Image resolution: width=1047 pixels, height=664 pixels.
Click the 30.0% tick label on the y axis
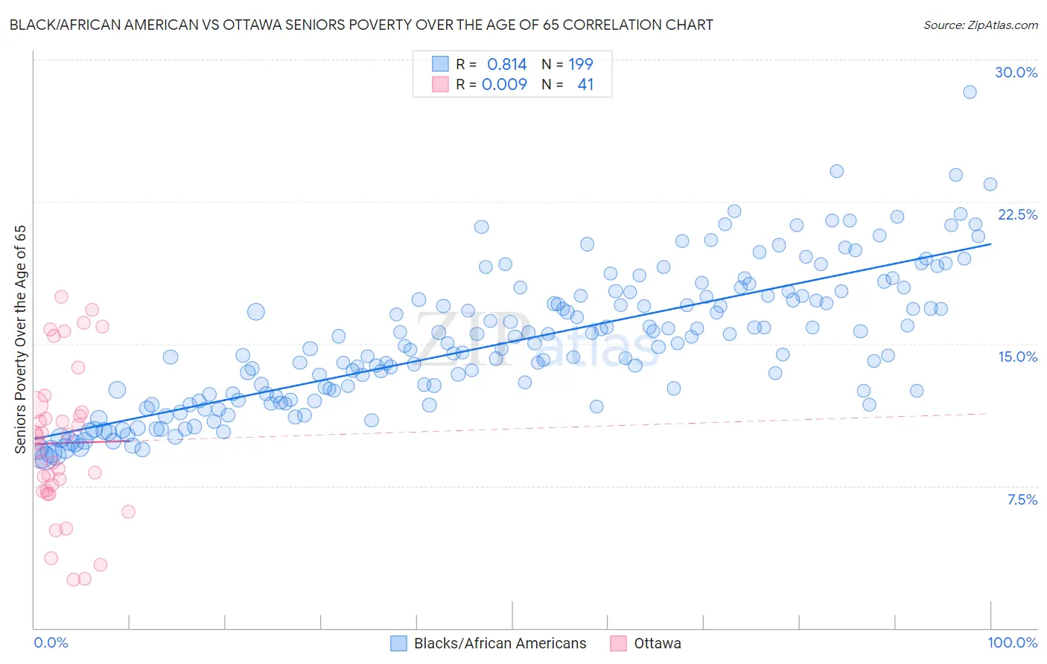coord(1016,72)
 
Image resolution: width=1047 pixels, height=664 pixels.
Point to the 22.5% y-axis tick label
coord(1017,214)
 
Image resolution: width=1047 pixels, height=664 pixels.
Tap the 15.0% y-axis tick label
coord(1017,357)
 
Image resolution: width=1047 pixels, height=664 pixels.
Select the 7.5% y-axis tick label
coord(1022,499)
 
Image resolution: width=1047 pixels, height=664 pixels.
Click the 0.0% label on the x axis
coord(51,642)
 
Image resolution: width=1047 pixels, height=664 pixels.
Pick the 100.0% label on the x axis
coord(1012,642)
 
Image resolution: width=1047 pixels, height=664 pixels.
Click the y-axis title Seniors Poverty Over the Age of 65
coord(20,339)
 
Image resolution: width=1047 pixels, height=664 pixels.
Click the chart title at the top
coord(361,25)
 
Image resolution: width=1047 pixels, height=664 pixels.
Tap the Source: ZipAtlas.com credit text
coord(980,25)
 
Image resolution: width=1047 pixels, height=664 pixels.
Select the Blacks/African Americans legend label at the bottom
coord(500,643)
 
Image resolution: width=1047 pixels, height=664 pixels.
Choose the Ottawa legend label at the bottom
coord(657,643)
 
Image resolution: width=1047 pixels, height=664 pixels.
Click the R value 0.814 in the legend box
coord(506,65)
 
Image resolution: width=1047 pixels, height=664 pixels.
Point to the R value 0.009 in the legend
coord(504,84)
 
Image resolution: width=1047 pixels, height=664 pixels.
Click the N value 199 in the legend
coord(581,65)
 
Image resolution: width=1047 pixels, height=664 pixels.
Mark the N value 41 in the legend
coord(585,84)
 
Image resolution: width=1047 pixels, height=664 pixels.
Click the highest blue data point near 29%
coord(970,92)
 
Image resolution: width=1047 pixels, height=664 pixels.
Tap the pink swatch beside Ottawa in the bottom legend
coord(618,643)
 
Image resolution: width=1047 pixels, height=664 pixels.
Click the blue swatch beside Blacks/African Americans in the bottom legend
coord(398,643)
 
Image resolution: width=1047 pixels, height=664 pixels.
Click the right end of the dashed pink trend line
coord(987,413)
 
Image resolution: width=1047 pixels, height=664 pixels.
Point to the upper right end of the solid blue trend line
coord(990,243)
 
